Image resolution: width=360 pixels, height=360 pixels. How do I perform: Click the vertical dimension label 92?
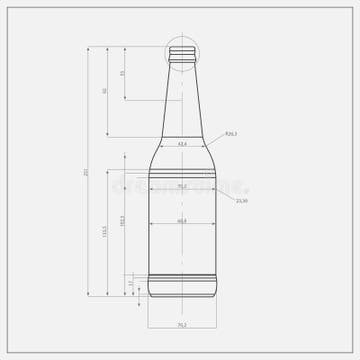104,91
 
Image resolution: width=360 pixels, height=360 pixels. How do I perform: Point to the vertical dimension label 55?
122,73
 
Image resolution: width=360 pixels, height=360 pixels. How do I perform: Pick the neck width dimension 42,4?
182,144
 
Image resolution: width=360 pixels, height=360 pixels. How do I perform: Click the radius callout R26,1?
230,133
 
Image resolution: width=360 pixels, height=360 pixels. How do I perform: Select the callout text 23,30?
241,201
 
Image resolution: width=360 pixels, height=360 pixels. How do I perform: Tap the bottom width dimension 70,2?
182,325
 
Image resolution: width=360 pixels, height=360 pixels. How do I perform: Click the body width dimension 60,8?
182,220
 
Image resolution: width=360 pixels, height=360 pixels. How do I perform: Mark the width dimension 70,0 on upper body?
182,185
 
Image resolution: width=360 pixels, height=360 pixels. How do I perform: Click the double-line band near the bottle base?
182,275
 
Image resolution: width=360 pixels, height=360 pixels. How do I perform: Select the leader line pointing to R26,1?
217,141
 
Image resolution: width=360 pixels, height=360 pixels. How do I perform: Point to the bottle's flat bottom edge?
182,297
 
